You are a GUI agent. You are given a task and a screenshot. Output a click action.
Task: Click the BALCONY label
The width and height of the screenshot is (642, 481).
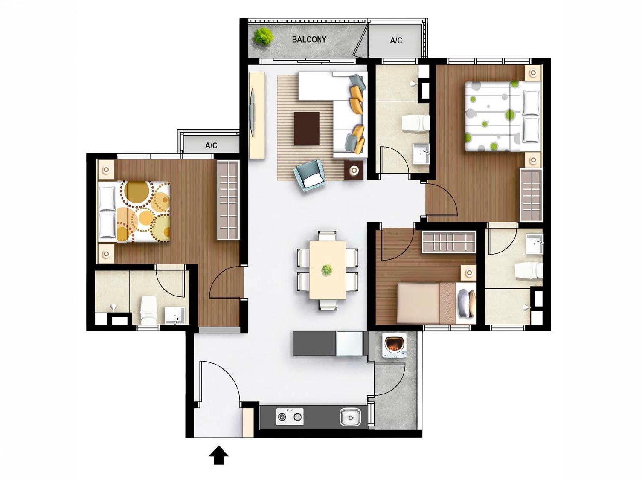click(x=309, y=39)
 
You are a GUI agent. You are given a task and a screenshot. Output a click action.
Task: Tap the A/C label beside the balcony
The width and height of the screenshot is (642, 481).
click(x=396, y=41)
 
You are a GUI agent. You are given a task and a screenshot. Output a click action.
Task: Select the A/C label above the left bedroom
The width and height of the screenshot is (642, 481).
click(x=211, y=145)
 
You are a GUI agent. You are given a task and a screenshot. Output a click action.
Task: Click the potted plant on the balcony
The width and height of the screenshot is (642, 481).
click(x=263, y=36)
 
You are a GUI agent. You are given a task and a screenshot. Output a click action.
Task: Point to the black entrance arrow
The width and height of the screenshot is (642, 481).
click(x=219, y=455)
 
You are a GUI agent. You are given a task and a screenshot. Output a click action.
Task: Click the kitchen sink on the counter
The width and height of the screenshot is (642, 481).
click(x=350, y=416)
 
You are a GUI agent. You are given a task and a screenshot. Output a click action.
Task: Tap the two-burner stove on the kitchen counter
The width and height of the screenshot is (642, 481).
click(x=290, y=416)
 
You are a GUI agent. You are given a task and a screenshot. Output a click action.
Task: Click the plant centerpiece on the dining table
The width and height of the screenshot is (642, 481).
click(x=327, y=270)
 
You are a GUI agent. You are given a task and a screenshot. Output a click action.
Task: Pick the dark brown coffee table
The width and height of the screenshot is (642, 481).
click(x=306, y=128)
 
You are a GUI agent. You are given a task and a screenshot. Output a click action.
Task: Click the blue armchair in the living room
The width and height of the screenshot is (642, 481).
click(x=309, y=175)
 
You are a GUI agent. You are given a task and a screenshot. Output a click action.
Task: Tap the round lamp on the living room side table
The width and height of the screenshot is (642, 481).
click(x=354, y=171)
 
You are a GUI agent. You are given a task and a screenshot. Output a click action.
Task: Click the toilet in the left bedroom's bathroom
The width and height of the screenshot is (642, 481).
click(x=148, y=310)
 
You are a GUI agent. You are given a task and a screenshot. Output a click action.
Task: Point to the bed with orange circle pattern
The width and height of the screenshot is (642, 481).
click(x=135, y=212)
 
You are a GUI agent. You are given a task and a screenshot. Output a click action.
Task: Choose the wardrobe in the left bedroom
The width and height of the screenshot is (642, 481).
click(x=229, y=200)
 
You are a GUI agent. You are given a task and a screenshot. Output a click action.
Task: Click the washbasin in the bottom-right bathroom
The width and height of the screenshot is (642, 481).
click(x=535, y=244)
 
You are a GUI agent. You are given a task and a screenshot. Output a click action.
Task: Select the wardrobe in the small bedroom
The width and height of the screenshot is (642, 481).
click(x=448, y=242)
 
